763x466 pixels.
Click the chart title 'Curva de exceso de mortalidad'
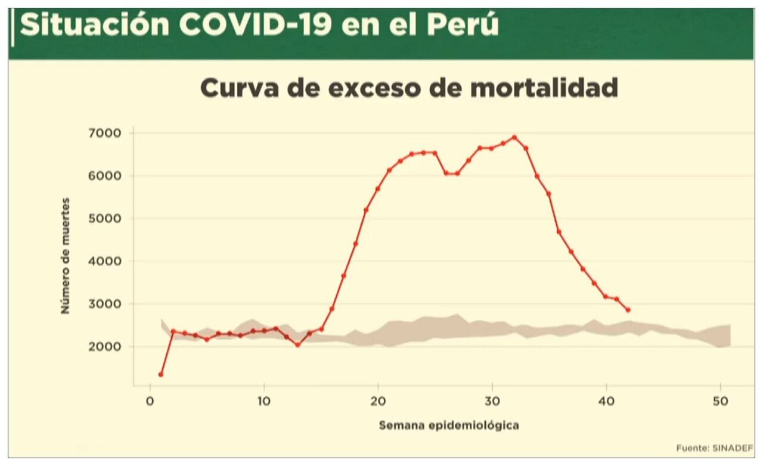point(408,88)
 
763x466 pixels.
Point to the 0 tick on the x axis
point(150,401)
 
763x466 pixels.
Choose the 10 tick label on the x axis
point(263,401)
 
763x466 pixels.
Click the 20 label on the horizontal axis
point(378,401)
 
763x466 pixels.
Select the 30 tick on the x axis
point(492,401)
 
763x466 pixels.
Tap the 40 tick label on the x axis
point(606,401)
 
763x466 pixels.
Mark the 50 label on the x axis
point(720,401)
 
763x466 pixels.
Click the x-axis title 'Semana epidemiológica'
point(449,425)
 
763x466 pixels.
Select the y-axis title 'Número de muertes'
point(66,256)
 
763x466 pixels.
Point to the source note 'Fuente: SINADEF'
point(714,448)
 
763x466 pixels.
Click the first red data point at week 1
point(161,375)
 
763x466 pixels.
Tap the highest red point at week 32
point(514,137)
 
